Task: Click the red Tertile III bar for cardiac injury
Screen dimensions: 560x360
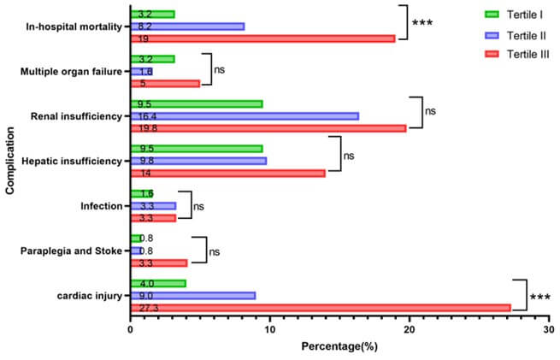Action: point(321,308)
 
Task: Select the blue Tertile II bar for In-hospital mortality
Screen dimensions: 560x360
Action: point(187,27)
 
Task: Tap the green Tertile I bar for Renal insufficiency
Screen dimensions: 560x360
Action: point(197,104)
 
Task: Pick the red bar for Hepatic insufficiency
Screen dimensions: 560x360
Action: point(228,174)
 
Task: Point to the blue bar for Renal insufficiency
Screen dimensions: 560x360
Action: point(245,116)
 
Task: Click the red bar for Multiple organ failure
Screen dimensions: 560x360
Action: point(165,84)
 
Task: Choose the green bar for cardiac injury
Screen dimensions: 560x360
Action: point(158,284)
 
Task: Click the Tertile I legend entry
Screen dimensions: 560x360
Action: point(514,15)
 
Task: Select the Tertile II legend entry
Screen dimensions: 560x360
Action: point(516,35)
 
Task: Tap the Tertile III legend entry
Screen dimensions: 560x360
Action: point(516,54)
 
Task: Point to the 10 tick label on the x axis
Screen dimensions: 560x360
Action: point(270,329)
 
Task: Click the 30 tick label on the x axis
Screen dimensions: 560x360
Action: point(549,329)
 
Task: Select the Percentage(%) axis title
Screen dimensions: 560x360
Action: point(339,346)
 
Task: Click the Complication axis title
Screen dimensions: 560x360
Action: point(10,161)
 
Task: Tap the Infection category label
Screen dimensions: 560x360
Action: point(102,206)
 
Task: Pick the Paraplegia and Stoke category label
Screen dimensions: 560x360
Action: point(71,251)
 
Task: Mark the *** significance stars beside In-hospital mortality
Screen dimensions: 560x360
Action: point(422,23)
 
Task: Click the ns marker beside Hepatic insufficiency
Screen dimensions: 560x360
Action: point(349,156)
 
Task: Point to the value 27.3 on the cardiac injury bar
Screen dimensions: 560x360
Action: point(149,308)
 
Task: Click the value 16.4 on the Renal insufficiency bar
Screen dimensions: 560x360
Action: point(147,116)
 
